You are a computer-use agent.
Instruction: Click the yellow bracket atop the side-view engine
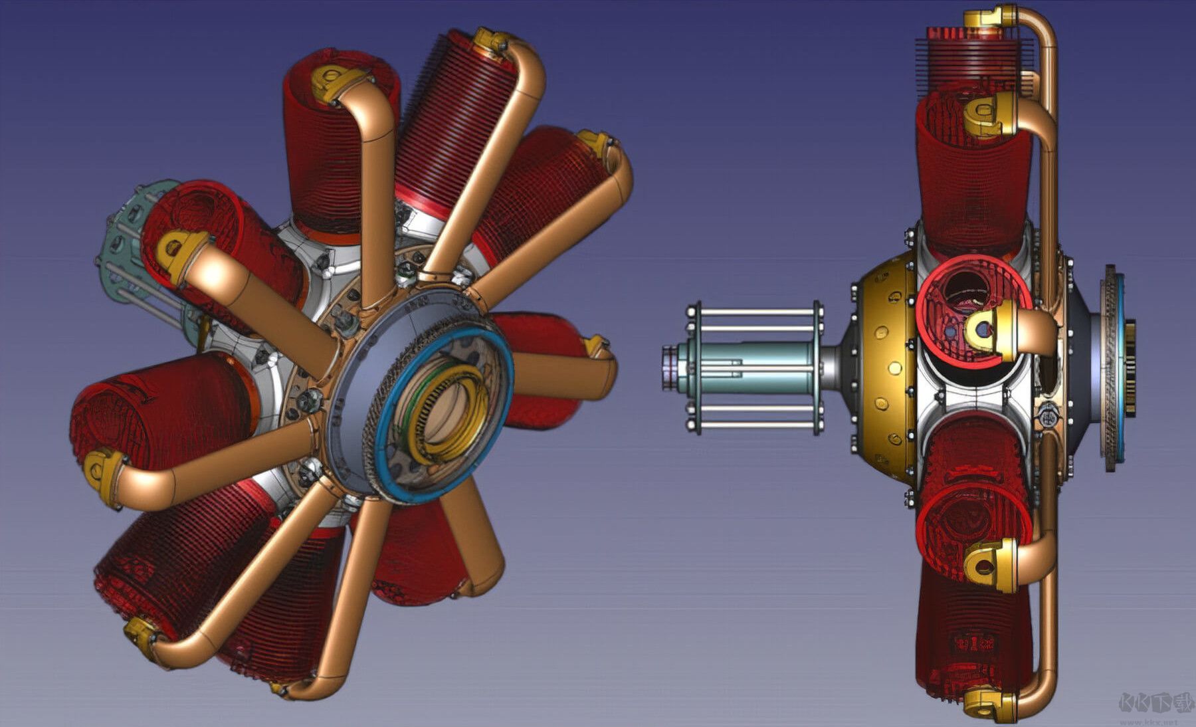[990, 16]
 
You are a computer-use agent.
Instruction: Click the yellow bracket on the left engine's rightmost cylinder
[595, 346]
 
